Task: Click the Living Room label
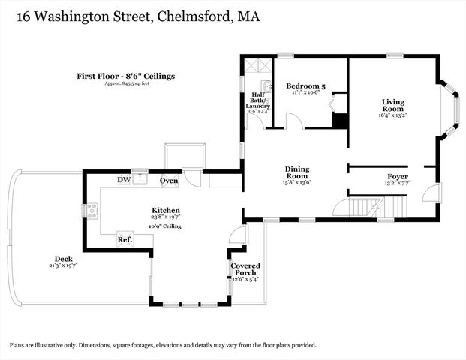pyautogui.click(x=392, y=105)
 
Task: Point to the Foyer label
pyautogui.click(x=397, y=176)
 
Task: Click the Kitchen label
pyautogui.click(x=165, y=210)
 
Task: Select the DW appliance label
pyautogui.click(x=124, y=180)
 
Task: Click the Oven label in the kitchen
pyautogui.click(x=169, y=180)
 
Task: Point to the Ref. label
pyautogui.click(x=125, y=240)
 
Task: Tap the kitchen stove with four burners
pyautogui.click(x=94, y=211)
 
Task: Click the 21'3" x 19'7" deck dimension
pyautogui.click(x=62, y=265)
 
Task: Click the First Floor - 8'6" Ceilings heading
pyautogui.click(x=125, y=75)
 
